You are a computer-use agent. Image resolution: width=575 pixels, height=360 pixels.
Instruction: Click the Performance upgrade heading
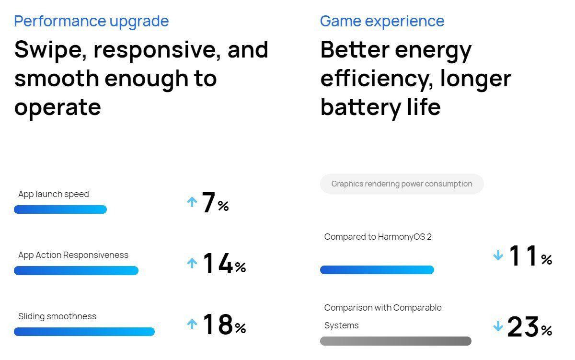[x=92, y=21]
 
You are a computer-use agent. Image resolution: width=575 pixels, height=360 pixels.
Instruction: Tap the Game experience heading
[x=382, y=21]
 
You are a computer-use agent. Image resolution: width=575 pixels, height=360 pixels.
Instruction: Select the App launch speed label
[x=54, y=194]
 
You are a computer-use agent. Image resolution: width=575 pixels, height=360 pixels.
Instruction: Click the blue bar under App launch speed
[x=60, y=209]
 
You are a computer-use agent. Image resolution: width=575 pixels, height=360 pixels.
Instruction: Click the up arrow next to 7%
[x=192, y=202]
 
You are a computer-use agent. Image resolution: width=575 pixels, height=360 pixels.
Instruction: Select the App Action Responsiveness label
[x=73, y=255]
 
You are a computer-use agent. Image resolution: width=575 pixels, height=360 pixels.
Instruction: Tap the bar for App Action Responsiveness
[x=76, y=271]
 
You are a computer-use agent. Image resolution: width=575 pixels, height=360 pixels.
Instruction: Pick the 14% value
[x=224, y=264]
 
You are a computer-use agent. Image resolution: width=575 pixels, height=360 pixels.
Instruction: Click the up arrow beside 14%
[x=192, y=263]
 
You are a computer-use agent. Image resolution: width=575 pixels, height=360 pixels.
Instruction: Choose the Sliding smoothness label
[x=57, y=316]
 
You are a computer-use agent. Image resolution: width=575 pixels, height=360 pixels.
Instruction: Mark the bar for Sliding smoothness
[x=84, y=332]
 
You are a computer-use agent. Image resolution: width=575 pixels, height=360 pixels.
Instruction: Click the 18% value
[x=224, y=325]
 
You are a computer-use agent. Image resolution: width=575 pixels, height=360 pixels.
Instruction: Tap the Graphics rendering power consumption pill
[x=402, y=184]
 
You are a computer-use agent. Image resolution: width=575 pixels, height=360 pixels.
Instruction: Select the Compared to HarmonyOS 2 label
[x=378, y=237]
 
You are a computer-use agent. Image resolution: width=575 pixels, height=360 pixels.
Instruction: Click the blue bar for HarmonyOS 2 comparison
[x=377, y=270]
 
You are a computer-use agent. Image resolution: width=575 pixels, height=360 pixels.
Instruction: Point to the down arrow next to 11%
[x=498, y=256]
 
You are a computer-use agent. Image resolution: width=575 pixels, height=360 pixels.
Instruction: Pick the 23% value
[x=529, y=327]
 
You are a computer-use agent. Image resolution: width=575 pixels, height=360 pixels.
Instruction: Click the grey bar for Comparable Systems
[x=395, y=341]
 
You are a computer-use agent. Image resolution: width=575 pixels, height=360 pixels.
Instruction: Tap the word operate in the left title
[x=57, y=107]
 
